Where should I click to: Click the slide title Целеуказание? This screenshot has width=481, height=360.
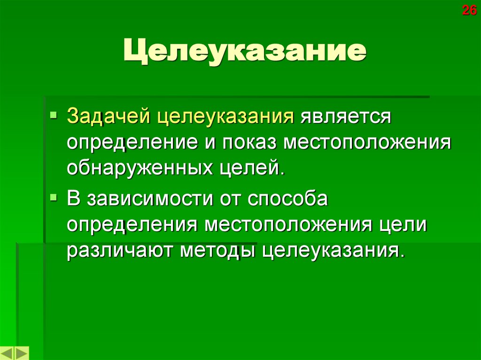pos(244,53)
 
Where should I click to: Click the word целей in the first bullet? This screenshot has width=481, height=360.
pos(256,167)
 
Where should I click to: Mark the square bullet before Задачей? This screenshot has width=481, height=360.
pos(55,114)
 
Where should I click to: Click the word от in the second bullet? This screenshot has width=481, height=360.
pos(229,199)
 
